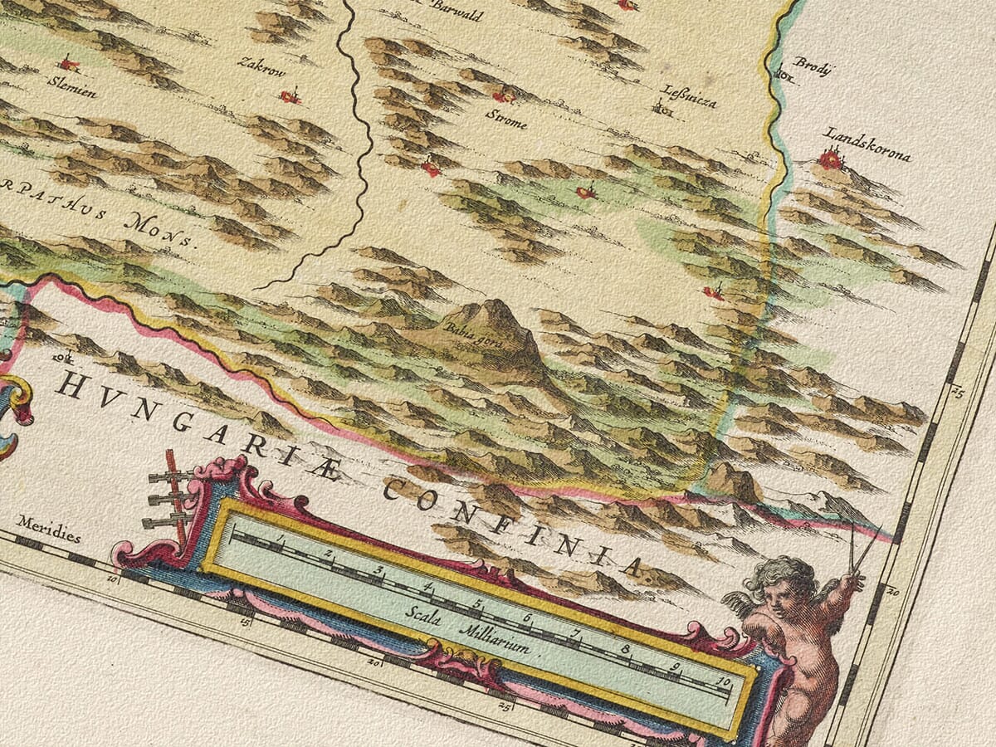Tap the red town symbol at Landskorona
[831, 158]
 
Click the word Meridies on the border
[49, 534]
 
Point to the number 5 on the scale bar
[477, 603]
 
